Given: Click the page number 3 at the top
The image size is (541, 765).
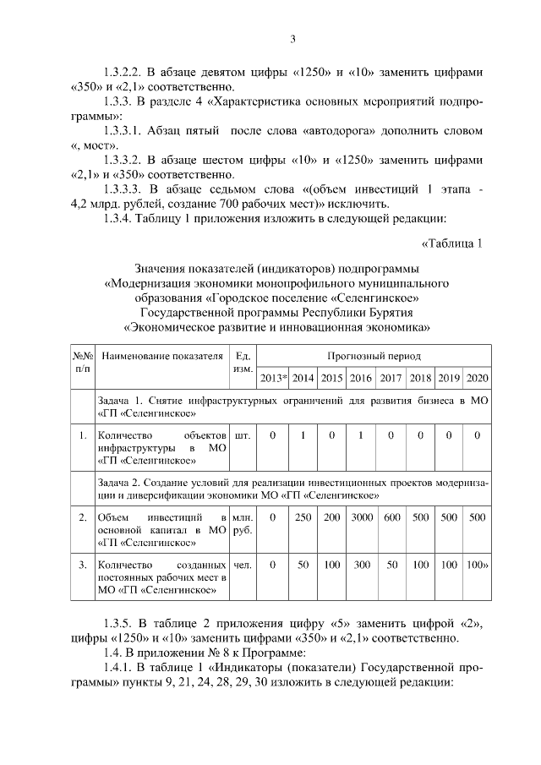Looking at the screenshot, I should (292, 38).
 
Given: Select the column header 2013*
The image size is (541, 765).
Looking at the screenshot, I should (274, 377).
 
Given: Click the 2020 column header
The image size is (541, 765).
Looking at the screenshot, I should (478, 377).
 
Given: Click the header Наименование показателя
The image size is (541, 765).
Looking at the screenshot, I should (161, 357).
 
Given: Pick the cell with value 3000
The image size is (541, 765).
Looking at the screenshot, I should (361, 516).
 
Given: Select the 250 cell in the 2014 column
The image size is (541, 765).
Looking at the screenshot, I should (303, 516).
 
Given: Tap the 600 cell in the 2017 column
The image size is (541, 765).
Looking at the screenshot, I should (391, 516).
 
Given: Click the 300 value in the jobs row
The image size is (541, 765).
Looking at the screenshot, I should (361, 564).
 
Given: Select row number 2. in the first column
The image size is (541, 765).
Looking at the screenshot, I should (82, 516).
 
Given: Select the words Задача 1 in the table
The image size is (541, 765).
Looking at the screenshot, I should (123, 399).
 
